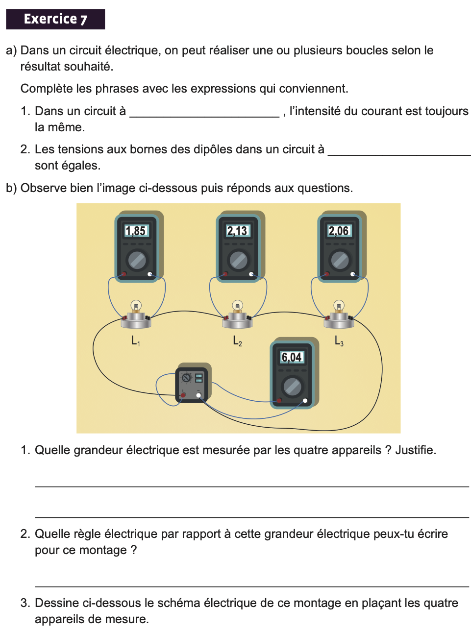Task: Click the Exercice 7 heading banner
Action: tap(55, 19)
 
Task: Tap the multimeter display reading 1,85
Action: tap(136, 231)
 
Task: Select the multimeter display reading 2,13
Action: tap(237, 231)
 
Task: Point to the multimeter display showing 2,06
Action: tap(339, 231)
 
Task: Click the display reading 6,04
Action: tap(292, 357)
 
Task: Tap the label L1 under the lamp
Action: tap(135, 340)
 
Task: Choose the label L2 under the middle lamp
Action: tap(237, 340)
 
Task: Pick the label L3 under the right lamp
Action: tap(339, 340)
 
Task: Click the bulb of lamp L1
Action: tap(136, 306)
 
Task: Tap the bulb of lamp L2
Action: tap(237, 306)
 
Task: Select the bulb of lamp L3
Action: tap(339, 306)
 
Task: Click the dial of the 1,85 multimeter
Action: tap(137, 260)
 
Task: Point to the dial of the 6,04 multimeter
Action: tap(293, 387)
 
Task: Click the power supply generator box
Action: tap(192, 385)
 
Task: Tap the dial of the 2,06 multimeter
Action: tap(340, 260)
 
